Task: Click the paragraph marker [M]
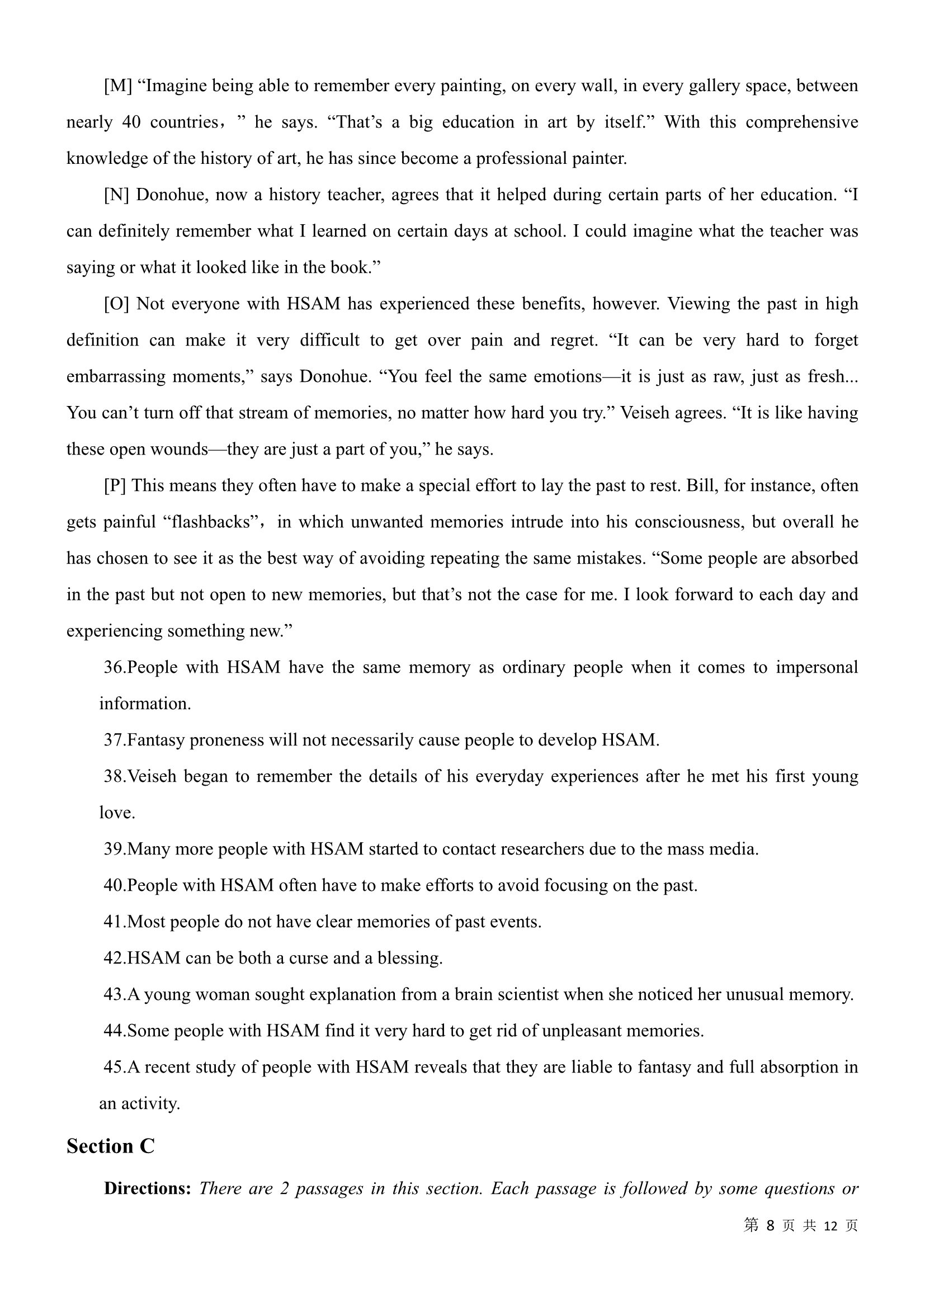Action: pos(118,86)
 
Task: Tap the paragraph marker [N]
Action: pos(117,195)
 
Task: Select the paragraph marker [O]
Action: pos(117,304)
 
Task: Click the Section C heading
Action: pos(111,1146)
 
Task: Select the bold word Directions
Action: pos(147,1188)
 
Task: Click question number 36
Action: pos(114,667)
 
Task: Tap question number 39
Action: pos(114,849)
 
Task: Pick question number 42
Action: pos(114,957)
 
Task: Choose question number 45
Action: pos(114,1067)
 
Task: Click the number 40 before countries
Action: pos(131,122)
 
